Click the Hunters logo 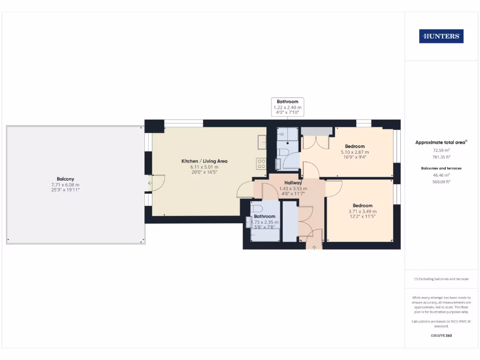(441, 36)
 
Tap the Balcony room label (65, 179)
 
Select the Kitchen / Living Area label (204, 161)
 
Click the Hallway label (293, 183)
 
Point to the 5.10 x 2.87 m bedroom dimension (354, 152)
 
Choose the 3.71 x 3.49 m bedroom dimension (362, 211)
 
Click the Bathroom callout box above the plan (287, 107)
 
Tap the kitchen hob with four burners (261, 164)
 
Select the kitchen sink (262, 141)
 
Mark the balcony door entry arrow (150, 183)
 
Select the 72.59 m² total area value (441, 150)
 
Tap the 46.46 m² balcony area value (441, 175)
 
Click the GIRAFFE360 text (441, 336)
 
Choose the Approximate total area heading (441, 142)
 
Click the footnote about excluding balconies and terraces (441, 279)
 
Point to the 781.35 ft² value (441, 157)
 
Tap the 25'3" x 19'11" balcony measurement (65, 190)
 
